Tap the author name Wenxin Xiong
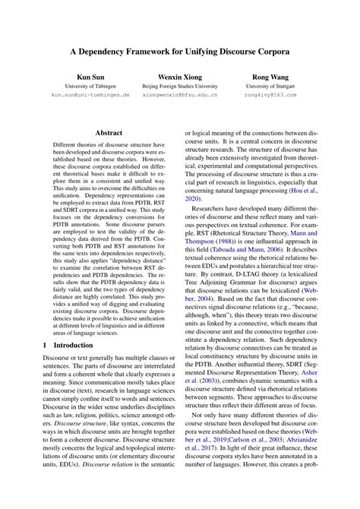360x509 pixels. click(180, 77)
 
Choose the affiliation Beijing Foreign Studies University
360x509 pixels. click(180, 87)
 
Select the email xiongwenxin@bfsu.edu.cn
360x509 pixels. click(180, 96)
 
